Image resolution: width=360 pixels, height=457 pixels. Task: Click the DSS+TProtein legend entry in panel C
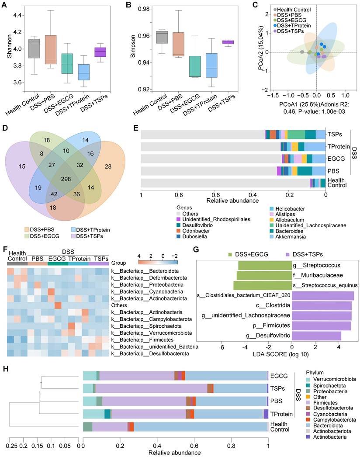click(x=296, y=25)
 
